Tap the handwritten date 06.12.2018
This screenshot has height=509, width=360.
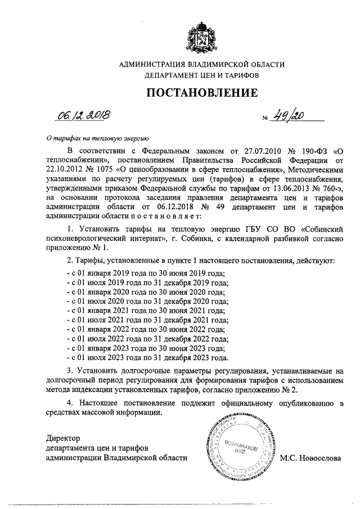point(83,116)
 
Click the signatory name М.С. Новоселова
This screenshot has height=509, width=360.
point(310,458)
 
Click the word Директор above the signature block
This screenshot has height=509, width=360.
point(64,438)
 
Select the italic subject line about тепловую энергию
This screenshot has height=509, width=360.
point(97,137)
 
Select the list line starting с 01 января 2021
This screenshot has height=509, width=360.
point(145,310)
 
